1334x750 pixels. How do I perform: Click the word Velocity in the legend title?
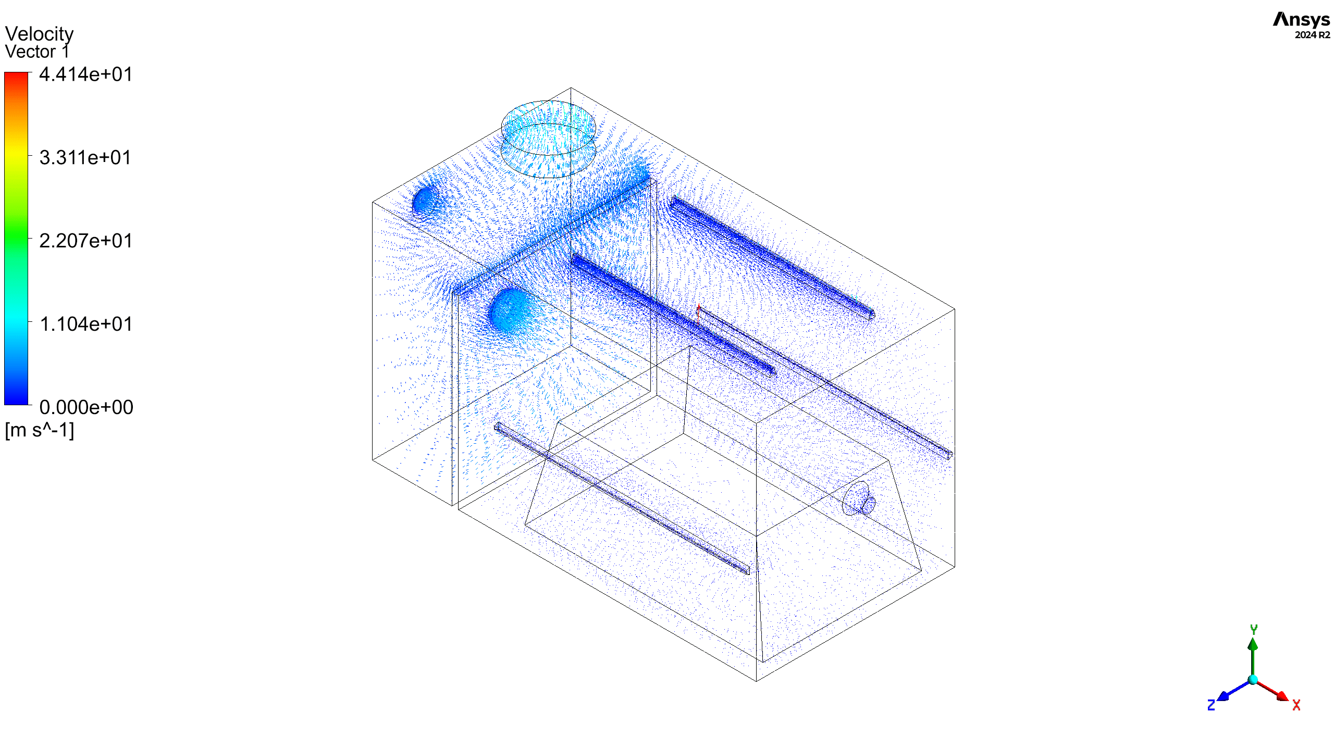coord(39,34)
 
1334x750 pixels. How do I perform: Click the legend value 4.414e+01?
coord(86,74)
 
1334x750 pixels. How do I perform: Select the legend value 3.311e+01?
coord(85,157)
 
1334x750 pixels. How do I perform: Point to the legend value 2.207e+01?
coord(86,241)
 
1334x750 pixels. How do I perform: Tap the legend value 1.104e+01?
coord(86,324)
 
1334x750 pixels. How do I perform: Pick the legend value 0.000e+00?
coord(86,407)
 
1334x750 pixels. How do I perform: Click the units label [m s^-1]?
coord(40,430)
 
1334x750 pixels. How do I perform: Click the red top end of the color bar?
coord(16,76)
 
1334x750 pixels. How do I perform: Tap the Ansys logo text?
coord(1301,20)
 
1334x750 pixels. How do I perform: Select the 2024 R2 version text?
coord(1312,35)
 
